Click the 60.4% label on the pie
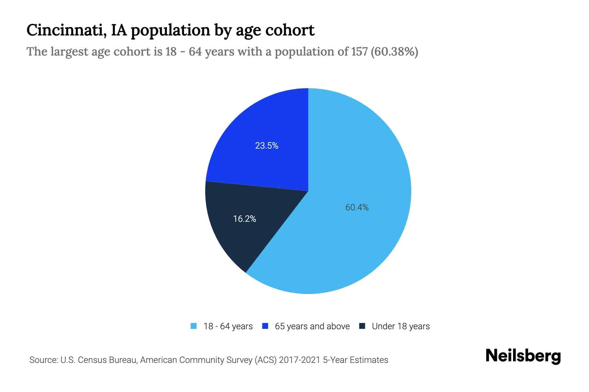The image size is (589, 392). (x=357, y=207)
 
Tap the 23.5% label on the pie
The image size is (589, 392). (x=267, y=146)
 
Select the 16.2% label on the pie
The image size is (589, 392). (x=244, y=219)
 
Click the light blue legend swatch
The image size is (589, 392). (x=194, y=326)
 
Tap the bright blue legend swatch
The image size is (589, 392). (x=265, y=326)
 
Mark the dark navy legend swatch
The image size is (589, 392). (x=362, y=326)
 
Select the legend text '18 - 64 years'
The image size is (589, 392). (x=228, y=326)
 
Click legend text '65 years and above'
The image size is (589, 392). (x=312, y=326)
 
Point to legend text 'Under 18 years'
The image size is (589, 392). (x=401, y=326)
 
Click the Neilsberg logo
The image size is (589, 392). (x=523, y=356)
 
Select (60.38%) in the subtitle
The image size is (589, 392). (x=394, y=52)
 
